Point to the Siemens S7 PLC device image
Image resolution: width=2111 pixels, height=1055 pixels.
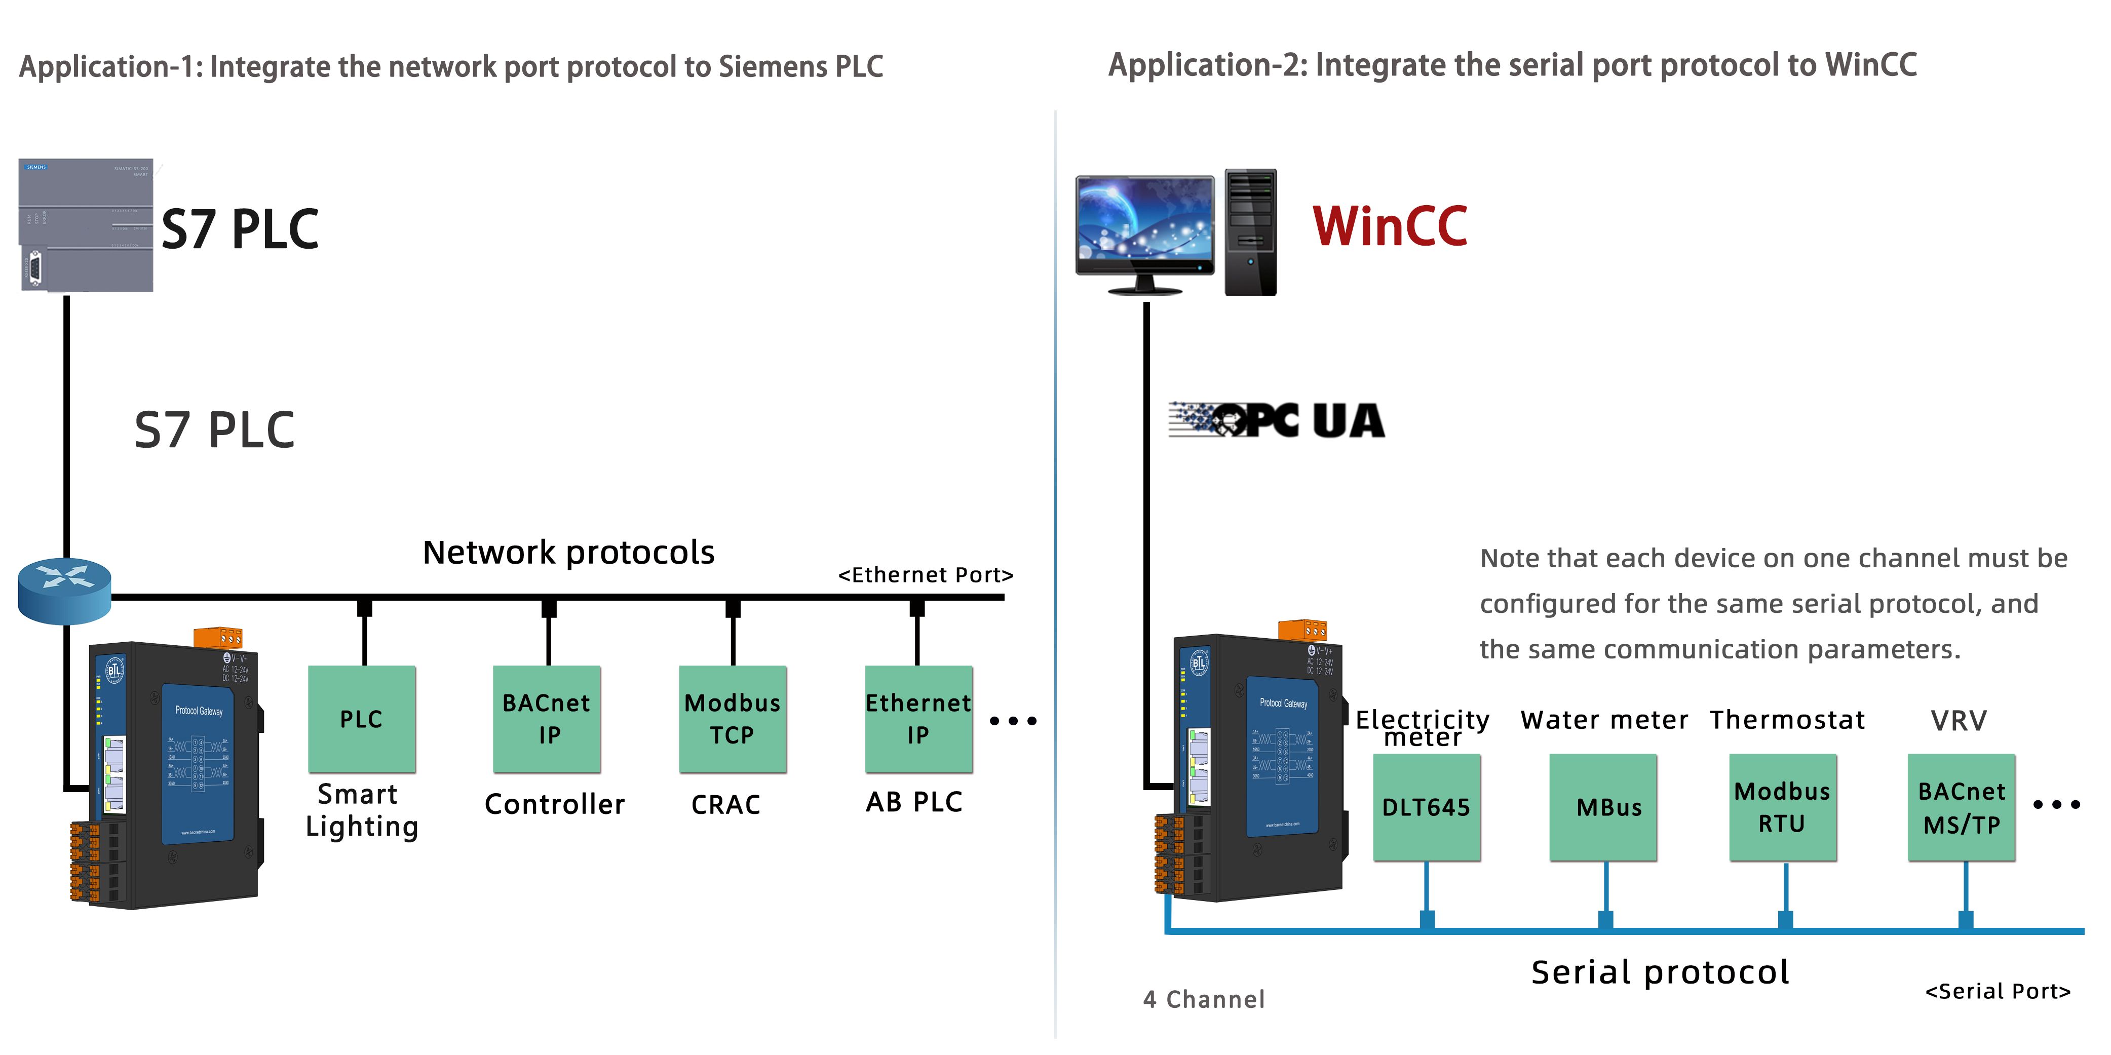coord(86,225)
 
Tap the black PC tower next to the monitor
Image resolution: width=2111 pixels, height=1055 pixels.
coord(1250,232)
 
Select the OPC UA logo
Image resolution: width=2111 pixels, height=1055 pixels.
coord(1277,420)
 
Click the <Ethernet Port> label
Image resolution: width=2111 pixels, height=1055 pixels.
coord(925,575)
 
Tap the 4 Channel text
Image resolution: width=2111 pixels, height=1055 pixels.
coord(1204,999)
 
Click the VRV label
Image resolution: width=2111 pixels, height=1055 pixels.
coord(1959,721)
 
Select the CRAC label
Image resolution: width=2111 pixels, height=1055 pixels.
coord(726,804)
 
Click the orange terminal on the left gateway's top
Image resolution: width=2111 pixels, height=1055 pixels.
coord(218,637)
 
